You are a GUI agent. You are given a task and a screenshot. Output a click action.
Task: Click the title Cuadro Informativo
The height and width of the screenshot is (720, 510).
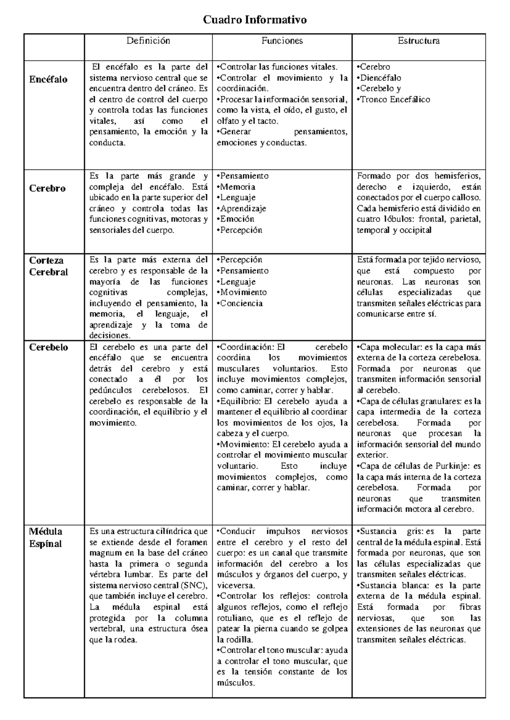point(255,20)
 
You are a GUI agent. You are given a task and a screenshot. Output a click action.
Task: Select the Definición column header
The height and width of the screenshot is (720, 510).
point(148,41)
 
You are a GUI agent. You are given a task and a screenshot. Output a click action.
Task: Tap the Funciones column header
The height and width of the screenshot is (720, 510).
point(282,41)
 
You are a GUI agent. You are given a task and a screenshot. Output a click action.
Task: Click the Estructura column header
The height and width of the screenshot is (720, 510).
point(418,41)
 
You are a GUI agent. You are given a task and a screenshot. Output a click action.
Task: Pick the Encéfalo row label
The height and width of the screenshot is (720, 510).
point(48,79)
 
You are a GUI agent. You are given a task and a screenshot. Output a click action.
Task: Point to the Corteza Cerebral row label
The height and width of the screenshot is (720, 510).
point(48,266)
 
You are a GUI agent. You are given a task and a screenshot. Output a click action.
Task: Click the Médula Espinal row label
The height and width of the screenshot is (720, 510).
point(45,537)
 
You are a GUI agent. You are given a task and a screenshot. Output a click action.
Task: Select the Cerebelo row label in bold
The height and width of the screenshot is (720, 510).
point(48,347)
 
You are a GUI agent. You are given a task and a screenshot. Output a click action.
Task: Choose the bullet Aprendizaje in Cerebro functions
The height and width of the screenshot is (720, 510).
point(242,208)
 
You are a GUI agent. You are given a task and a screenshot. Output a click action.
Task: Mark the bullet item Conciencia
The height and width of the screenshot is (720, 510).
point(241,304)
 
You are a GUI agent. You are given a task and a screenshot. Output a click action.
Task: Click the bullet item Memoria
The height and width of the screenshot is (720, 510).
point(237,187)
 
